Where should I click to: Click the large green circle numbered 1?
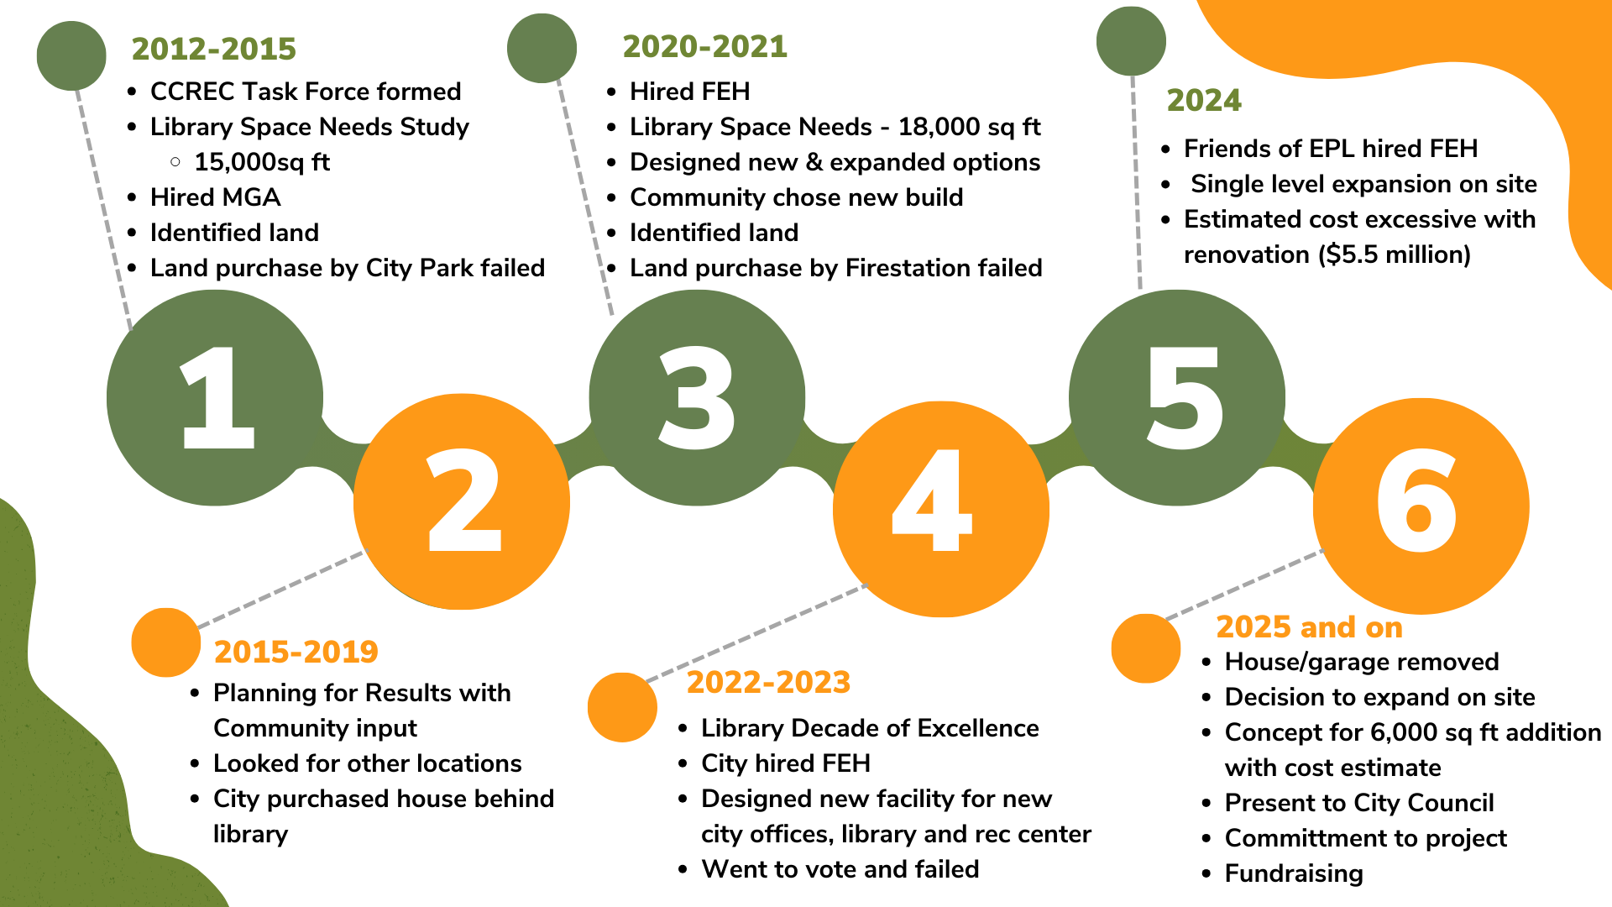pos(215,398)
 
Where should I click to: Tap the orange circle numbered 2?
pos(462,501)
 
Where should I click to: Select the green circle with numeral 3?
pos(697,398)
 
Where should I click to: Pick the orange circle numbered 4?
pos(941,509)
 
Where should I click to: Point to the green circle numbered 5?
pos(1177,398)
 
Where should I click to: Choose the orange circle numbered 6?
pos(1421,506)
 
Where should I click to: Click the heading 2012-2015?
pos(214,49)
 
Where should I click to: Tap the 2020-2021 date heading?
pos(705,46)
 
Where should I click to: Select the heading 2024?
pos(1204,100)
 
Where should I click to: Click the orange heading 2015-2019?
pos(296,652)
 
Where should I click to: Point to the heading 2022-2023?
pos(769,682)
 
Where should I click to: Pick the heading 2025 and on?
pos(1310,627)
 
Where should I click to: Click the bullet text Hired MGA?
pos(216,197)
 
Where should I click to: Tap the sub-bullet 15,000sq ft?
pos(262,162)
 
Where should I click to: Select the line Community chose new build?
pos(797,197)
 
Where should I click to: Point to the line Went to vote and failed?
pos(840,869)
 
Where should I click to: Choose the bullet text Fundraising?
pos(1294,873)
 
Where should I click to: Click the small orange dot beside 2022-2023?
pos(622,707)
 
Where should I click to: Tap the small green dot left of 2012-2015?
pos(71,55)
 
